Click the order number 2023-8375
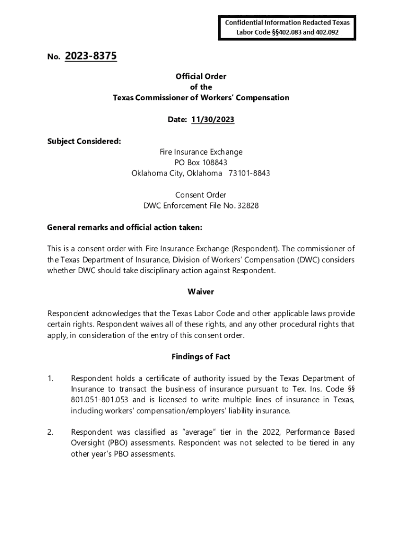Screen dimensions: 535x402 [91, 56]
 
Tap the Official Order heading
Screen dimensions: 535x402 [200, 76]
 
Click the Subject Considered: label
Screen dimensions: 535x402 [84, 141]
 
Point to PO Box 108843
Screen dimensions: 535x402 [200, 162]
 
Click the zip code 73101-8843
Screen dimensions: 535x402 [250, 173]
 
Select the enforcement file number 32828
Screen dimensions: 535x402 [248, 205]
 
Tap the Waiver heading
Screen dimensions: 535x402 [200, 292]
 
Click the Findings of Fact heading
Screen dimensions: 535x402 [200, 356]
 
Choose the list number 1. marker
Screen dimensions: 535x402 [51, 378]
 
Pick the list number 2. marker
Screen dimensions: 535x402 [51, 432]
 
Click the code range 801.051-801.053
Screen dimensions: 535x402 [101, 400]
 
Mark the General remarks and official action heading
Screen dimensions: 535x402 [124, 227]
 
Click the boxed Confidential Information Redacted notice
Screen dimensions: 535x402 [287, 28]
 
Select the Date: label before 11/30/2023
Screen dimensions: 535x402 [177, 120]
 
